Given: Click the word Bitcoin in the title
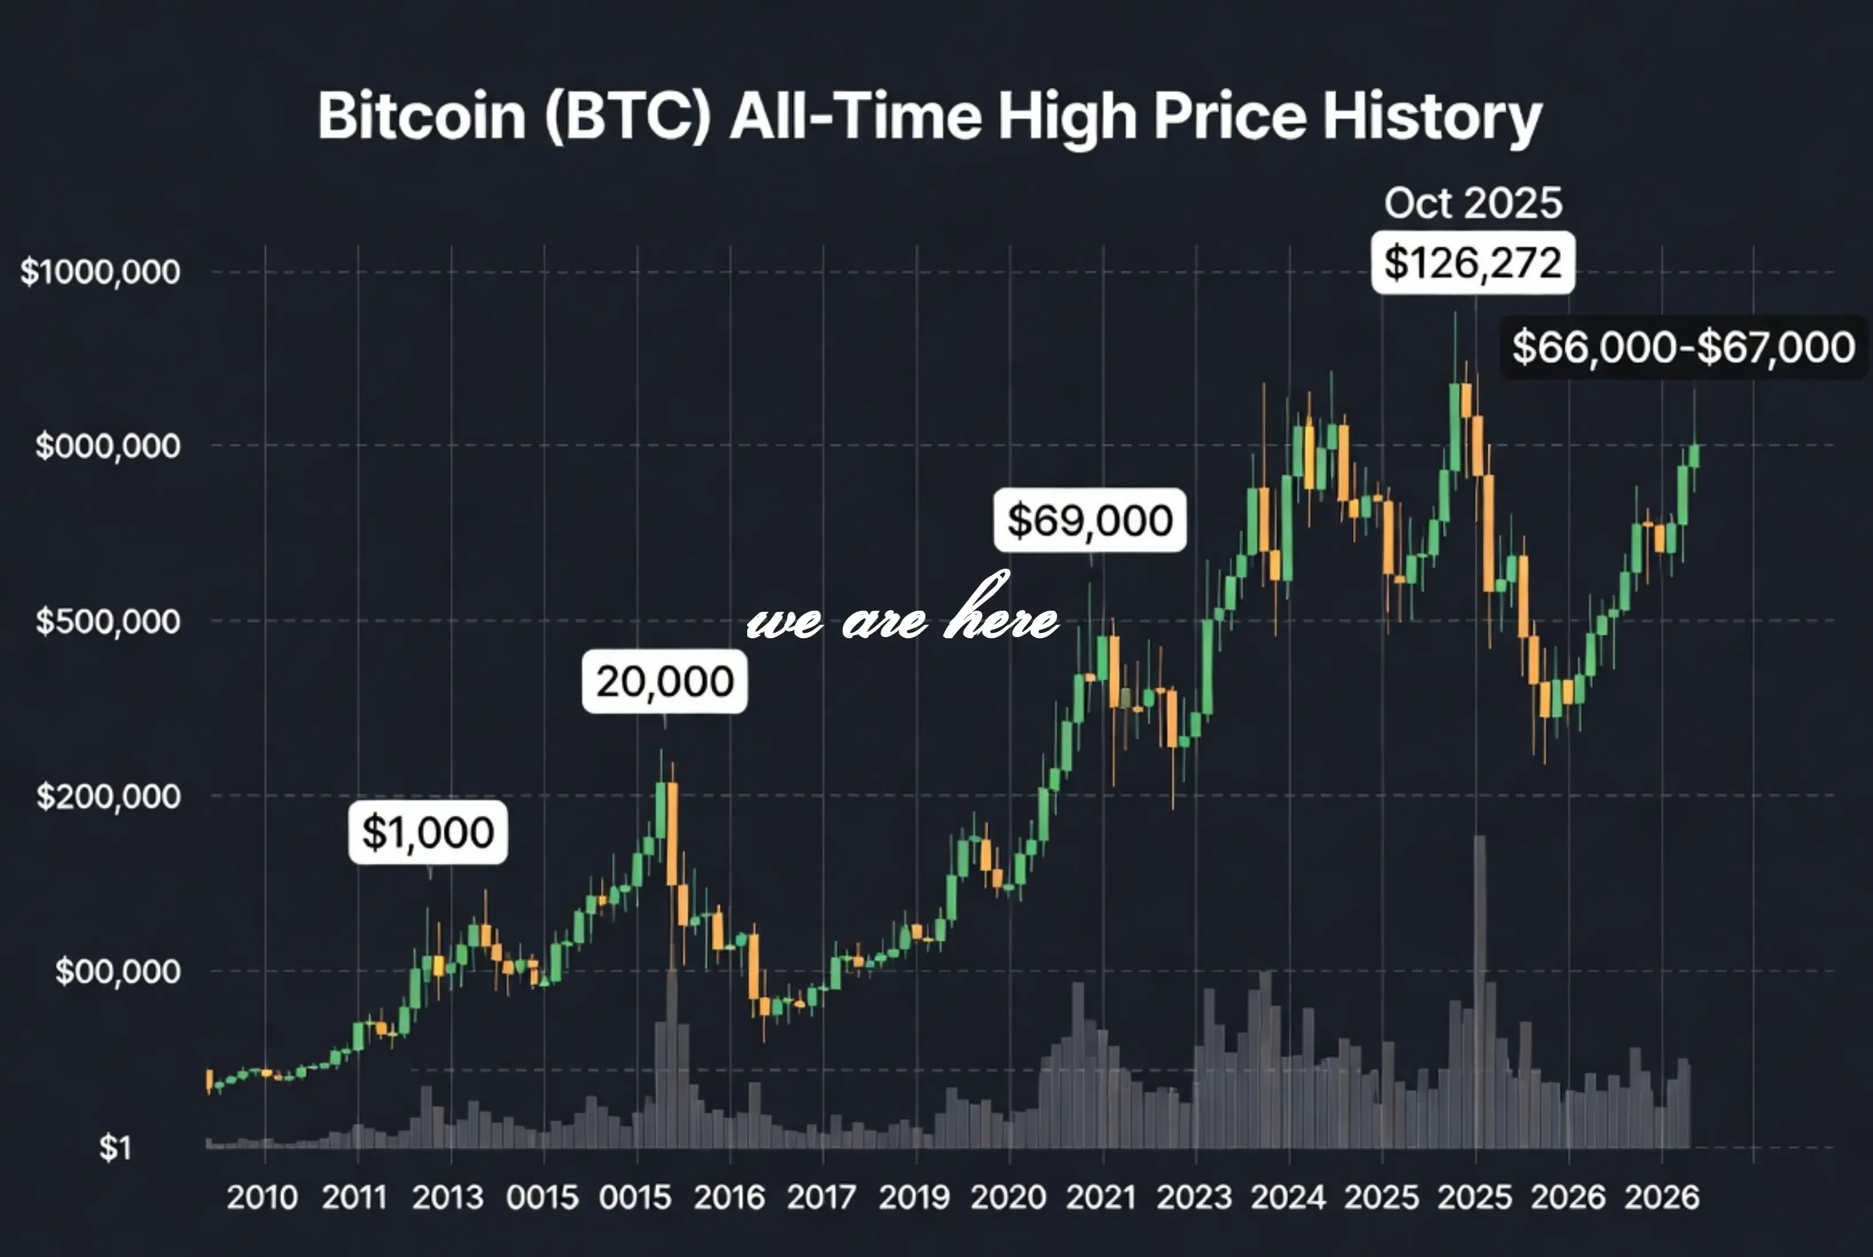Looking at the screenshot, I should (422, 117).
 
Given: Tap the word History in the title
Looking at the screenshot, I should (1432, 117).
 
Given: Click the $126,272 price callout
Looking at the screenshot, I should (1472, 263).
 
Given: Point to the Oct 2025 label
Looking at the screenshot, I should (1472, 203).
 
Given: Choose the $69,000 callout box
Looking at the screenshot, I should (1089, 520).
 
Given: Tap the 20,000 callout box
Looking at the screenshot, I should (665, 681).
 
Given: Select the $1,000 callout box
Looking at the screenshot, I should (428, 832).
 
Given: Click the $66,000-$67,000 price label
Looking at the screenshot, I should (1683, 347).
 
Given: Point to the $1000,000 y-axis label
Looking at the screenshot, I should (100, 271).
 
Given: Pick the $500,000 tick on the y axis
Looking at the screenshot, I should (108, 621).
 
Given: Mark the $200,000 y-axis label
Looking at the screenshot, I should (108, 796).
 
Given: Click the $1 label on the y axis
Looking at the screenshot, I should (115, 1148).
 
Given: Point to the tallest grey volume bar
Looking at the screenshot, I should (1479, 994).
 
